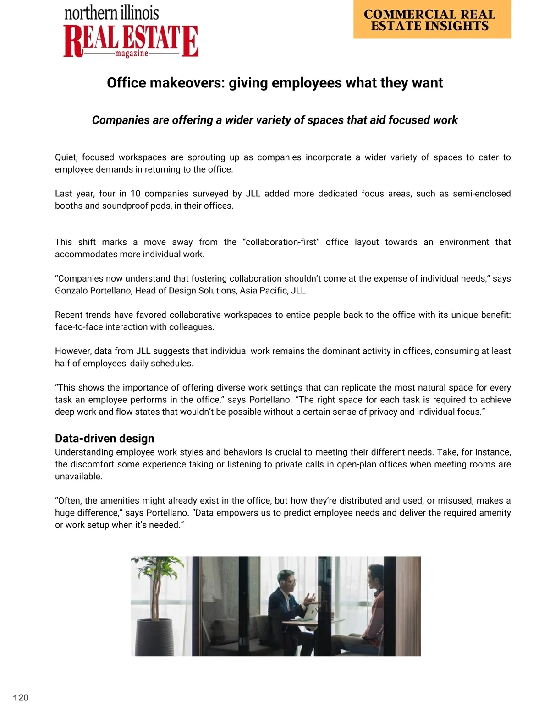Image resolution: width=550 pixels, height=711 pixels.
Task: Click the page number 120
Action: [x=21, y=698]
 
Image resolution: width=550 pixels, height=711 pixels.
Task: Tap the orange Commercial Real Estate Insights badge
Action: [x=432, y=20]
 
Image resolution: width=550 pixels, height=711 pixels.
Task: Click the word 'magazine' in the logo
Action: [x=132, y=54]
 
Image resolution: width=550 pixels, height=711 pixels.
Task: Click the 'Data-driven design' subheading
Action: [x=104, y=438]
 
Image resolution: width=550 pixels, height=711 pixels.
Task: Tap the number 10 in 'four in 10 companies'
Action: [x=135, y=194]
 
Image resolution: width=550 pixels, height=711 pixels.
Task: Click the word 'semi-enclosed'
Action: [x=482, y=194]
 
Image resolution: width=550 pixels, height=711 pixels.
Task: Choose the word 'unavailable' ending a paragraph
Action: [x=78, y=476]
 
